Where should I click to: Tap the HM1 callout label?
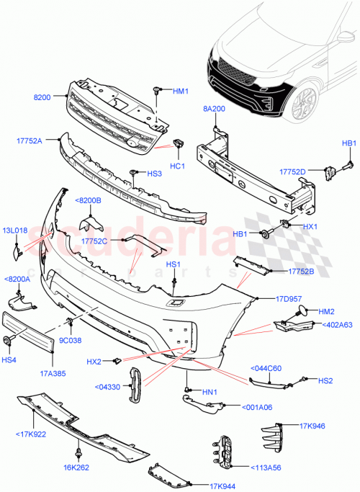[180, 91]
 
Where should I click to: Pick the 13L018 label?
[14, 231]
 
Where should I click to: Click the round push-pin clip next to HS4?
[7, 339]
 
